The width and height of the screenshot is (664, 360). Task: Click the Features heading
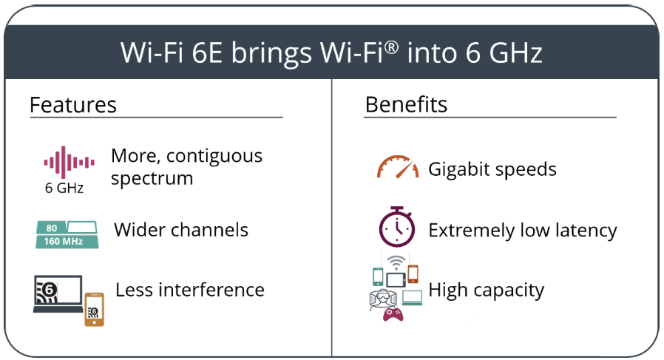tap(73, 105)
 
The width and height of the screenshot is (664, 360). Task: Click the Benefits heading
tap(406, 104)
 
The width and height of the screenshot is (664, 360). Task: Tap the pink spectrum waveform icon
tap(69, 162)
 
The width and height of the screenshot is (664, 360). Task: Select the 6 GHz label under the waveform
tap(64, 188)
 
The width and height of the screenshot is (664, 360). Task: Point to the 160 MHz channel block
tap(67, 242)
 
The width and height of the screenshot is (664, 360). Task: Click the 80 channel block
tap(51, 228)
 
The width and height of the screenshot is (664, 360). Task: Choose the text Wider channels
tap(181, 230)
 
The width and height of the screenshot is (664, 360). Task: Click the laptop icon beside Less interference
tap(58, 294)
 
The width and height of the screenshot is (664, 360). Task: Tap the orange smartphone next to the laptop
tap(94, 309)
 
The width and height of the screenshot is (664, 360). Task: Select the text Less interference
tap(190, 290)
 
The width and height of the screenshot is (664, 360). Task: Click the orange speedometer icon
tap(398, 167)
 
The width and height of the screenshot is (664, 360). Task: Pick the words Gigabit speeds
tap(492, 169)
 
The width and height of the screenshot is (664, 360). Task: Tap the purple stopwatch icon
tap(397, 227)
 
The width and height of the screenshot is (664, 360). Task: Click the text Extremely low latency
tap(523, 231)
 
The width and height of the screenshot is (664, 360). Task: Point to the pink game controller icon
tap(393, 315)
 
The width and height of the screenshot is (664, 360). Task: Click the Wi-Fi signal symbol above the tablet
tap(396, 262)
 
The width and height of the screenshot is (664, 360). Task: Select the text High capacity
tap(486, 291)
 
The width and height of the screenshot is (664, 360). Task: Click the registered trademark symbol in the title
tap(392, 47)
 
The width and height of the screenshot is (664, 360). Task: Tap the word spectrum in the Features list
tap(152, 178)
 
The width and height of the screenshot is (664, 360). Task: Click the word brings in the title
tap(271, 54)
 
